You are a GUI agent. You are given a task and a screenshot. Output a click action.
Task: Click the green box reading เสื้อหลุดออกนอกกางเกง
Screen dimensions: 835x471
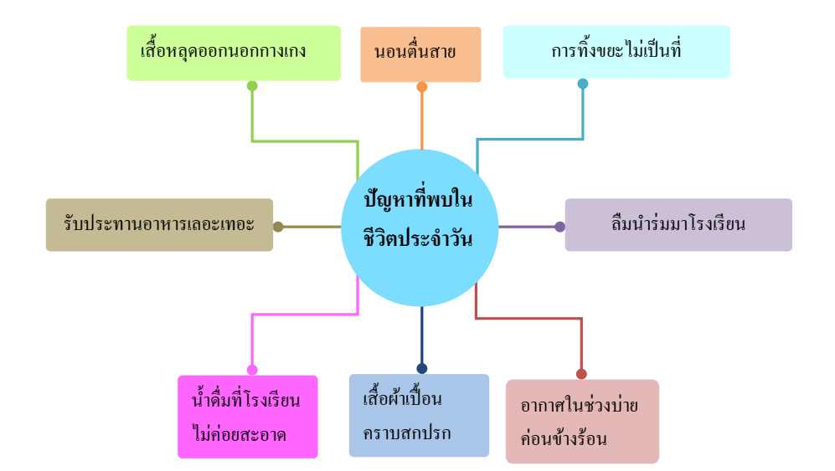[234, 54]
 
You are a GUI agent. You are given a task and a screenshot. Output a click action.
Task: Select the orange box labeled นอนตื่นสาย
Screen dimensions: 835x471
[420, 54]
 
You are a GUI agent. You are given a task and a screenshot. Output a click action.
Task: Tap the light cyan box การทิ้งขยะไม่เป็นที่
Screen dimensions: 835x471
[616, 52]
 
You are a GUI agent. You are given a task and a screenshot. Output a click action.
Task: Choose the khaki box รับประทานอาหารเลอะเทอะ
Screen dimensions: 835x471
[160, 224]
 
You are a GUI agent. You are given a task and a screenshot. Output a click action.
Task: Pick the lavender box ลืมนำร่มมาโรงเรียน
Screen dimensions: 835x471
[678, 224]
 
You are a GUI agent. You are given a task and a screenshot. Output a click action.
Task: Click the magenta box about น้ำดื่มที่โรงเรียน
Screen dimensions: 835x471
[248, 417]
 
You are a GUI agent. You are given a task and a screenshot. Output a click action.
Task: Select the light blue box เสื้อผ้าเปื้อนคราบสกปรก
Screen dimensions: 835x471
[419, 415]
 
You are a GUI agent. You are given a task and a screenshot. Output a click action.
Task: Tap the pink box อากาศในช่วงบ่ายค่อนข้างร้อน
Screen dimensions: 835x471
[583, 421]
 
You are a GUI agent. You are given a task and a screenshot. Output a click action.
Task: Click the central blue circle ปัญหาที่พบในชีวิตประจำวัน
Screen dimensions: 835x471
[420, 228]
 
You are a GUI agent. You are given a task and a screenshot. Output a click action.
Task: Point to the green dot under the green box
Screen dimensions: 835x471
[252, 85]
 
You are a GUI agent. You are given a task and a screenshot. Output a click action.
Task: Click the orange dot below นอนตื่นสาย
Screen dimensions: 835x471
[422, 87]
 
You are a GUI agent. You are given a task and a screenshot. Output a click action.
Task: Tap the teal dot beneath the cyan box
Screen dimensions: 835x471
[583, 84]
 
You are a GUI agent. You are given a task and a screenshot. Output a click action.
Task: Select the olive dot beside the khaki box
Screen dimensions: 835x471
[278, 227]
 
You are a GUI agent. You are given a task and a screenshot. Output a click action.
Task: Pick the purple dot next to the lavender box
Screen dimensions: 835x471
[559, 227]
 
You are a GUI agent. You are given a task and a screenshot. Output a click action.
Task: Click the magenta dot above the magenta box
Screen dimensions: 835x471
[252, 370]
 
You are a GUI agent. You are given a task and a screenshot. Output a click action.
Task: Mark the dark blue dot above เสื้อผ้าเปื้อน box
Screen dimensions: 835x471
[422, 368]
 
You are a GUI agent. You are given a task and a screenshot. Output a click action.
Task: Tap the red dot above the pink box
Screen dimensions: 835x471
[581, 374]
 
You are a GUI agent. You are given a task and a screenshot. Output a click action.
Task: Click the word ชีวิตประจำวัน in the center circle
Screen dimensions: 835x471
[418, 238]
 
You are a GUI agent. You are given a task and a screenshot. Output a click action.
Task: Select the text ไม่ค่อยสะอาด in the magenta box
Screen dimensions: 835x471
[240, 434]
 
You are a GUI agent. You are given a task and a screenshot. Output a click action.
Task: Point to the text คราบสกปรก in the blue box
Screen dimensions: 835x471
[407, 433]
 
